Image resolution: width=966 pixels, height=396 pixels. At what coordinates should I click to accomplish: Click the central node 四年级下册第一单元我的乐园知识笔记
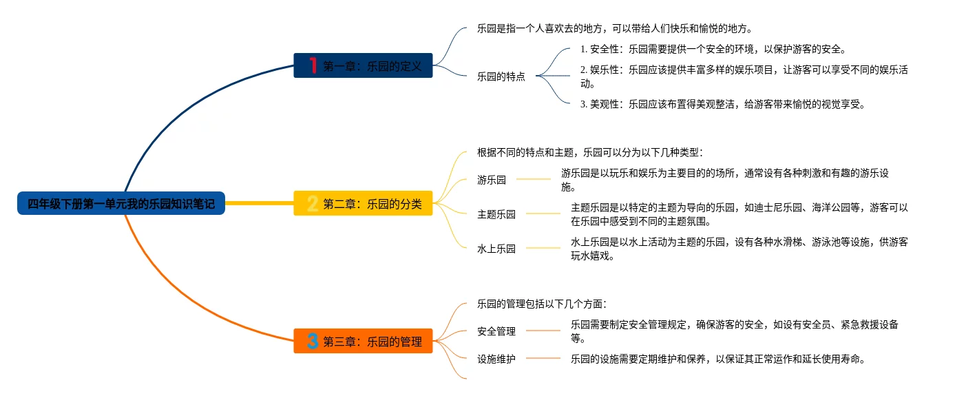click(x=121, y=203)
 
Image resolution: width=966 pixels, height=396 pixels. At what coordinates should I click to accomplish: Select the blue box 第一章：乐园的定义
click(x=363, y=65)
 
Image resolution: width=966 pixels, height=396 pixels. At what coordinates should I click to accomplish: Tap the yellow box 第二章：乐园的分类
click(x=363, y=203)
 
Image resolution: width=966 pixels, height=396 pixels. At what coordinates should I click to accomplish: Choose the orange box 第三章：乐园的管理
click(x=363, y=341)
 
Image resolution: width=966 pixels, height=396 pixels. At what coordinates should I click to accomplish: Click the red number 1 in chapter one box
click(x=313, y=65)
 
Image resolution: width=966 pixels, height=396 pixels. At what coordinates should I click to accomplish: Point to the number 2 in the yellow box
click(x=313, y=203)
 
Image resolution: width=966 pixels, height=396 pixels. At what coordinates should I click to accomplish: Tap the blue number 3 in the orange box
click(x=313, y=341)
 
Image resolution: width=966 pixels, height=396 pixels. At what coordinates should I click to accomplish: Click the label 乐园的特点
click(x=501, y=76)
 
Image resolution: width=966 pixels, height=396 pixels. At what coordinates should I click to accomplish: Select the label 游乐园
click(x=492, y=180)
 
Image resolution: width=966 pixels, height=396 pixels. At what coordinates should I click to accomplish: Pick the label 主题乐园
click(x=496, y=214)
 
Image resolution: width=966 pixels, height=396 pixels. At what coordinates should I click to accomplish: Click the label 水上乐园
click(x=496, y=249)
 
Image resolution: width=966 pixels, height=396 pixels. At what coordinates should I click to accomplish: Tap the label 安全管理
click(x=496, y=331)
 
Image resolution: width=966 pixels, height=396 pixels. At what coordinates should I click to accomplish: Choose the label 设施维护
click(x=496, y=358)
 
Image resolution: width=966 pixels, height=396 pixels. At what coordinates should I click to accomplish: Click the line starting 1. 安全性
click(x=713, y=49)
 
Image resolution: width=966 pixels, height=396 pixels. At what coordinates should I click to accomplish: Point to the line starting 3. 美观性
click(x=722, y=104)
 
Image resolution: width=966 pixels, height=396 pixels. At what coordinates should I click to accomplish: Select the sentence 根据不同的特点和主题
click(x=590, y=152)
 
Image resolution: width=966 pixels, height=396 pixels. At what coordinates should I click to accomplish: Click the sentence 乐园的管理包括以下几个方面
click(x=542, y=304)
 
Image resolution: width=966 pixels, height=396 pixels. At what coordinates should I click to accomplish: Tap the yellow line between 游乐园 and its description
click(x=534, y=179)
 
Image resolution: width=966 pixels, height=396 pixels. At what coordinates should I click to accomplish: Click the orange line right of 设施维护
click(x=543, y=358)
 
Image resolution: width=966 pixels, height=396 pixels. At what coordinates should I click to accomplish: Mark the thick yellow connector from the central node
click(x=260, y=203)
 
